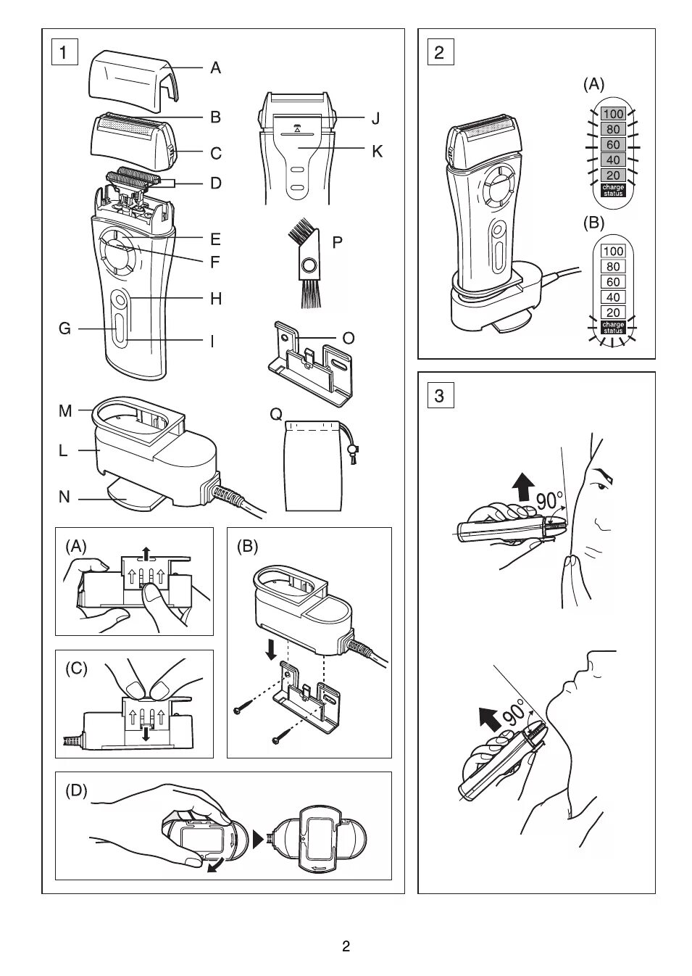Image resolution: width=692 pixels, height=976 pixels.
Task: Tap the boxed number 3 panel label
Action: [x=440, y=396]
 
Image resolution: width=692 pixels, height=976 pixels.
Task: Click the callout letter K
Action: [x=377, y=151]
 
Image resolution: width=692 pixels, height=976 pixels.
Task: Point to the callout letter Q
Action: [x=276, y=414]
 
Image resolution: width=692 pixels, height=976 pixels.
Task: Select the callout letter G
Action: [x=64, y=328]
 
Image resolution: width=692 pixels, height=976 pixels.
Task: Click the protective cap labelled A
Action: [x=134, y=73]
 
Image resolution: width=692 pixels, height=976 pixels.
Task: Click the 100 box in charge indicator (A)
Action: [x=613, y=114]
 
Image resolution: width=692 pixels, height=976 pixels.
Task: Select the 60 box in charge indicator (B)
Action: [x=613, y=281]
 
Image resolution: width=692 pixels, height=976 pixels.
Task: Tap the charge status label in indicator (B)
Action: [x=613, y=327]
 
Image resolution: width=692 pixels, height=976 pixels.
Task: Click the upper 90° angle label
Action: [x=550, y=500]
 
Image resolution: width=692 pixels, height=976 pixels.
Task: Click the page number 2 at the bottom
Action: [x=346, y=946]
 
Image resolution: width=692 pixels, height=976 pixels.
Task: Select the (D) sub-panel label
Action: [x=76, y=790]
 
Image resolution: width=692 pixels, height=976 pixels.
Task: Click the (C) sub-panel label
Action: [x=76, y=669]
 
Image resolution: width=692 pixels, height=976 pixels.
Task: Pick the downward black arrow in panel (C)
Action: [x=146, y=732]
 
